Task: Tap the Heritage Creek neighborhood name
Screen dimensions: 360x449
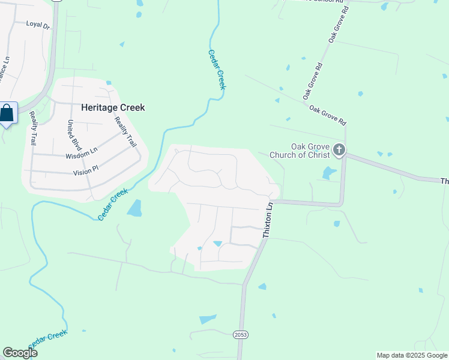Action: (113, 108)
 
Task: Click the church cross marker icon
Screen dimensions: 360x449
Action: (339, 149)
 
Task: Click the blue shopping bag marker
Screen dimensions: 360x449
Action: (7, 113)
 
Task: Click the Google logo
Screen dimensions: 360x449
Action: (20, 353)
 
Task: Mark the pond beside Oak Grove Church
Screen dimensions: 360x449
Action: (328, 173)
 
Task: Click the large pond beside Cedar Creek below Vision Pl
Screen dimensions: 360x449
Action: (134, 208)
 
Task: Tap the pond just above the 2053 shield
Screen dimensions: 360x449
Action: (208, 319)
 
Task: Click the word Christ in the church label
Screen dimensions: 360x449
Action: (318, 155)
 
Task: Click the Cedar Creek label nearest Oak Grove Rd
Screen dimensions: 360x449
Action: (217, 70)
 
